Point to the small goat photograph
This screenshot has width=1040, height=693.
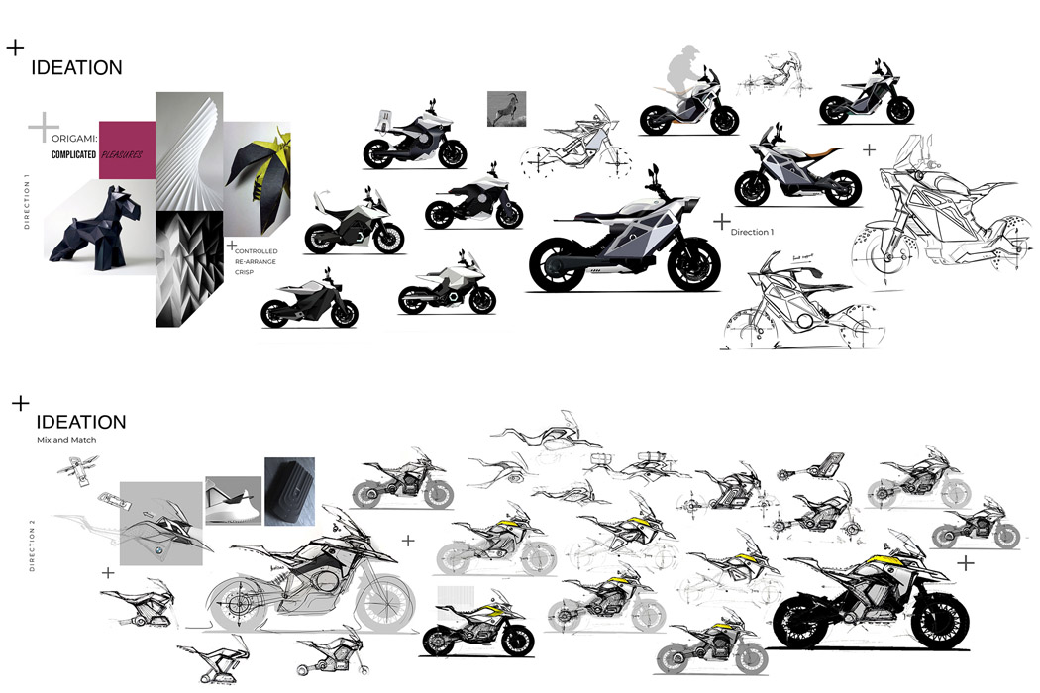tap(506, 109)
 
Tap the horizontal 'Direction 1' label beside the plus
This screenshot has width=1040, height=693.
tap(752, 232)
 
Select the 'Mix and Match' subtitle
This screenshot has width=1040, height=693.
tap(58, 439)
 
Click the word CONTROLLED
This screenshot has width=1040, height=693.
tap(256, 251)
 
